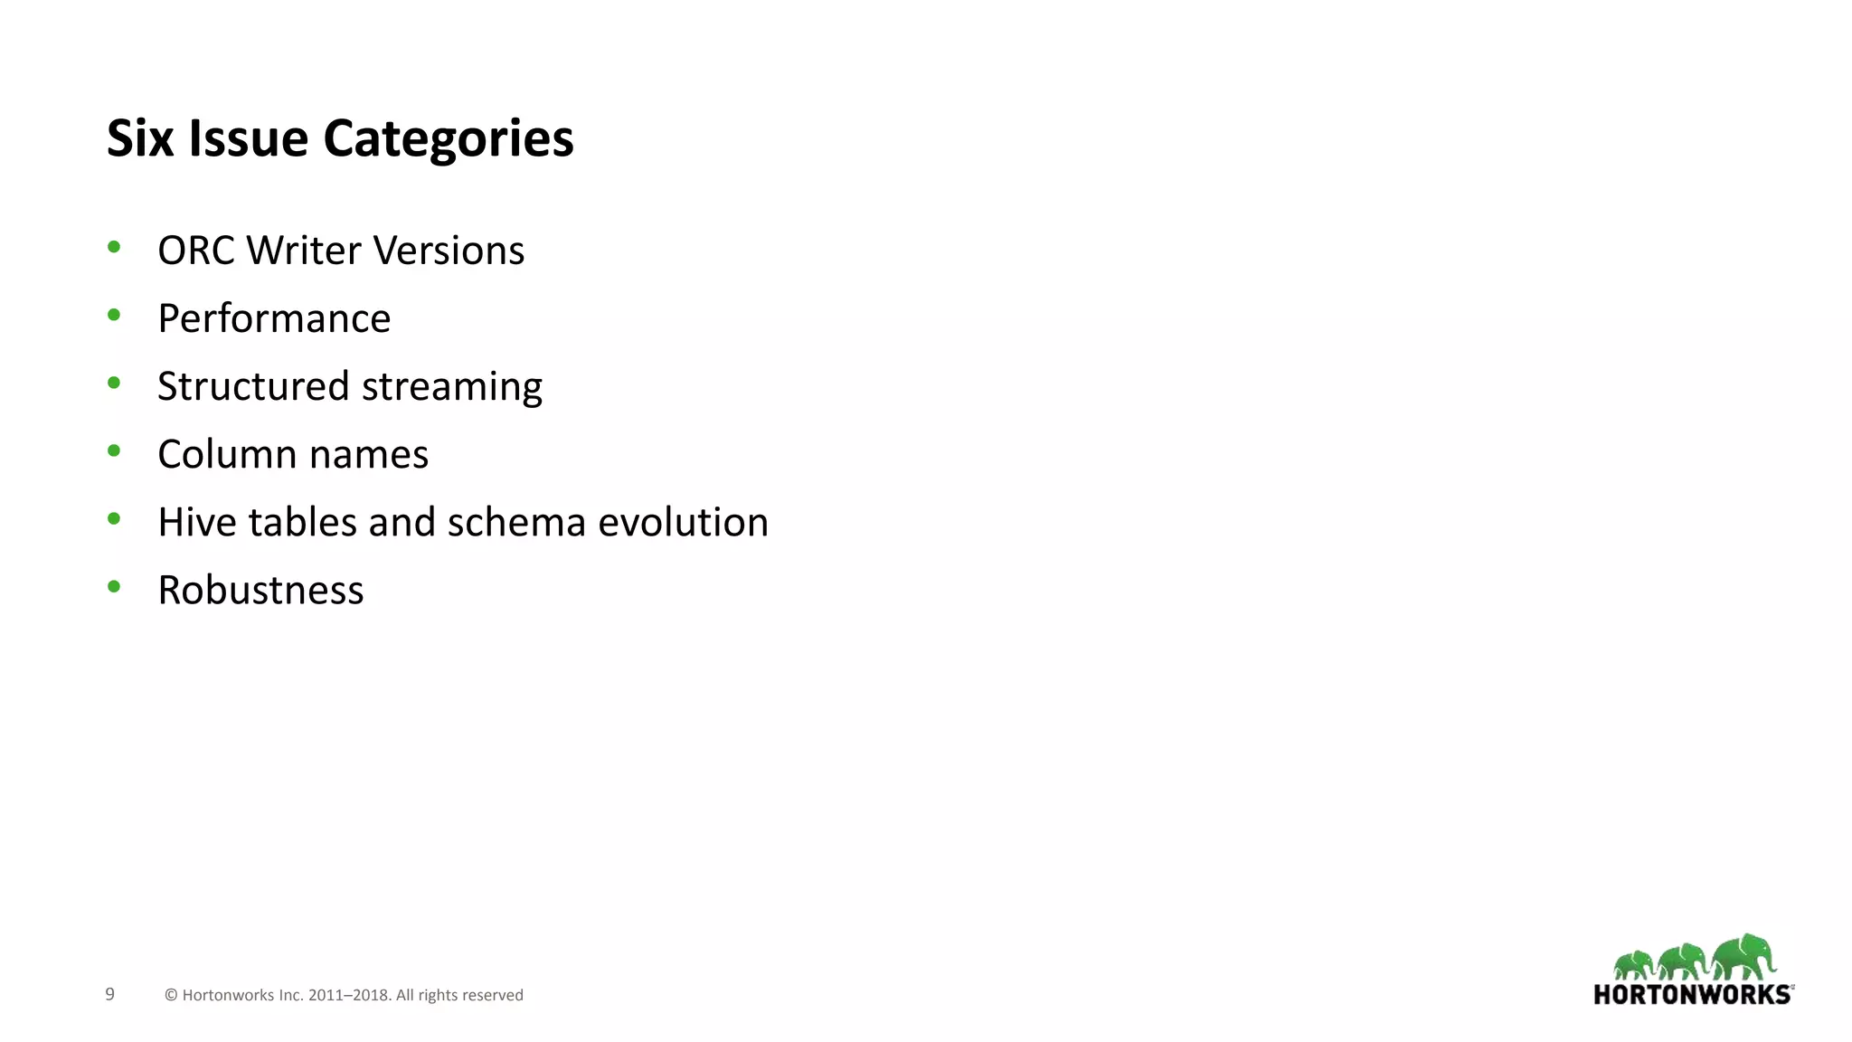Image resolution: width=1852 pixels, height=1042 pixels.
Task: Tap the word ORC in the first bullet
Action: [x=195, y=251]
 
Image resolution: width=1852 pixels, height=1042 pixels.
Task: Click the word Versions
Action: [x=449, y=251]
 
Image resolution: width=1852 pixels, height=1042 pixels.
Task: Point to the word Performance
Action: [x=274, y=318]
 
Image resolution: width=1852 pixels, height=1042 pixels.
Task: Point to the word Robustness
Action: [x=260, y=590]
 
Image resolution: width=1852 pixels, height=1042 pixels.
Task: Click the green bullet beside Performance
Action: [x=114, y=315]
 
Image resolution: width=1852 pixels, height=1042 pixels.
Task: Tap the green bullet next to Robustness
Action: [x=114, y=586]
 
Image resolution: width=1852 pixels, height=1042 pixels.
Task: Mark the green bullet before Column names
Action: [x=114, y=450]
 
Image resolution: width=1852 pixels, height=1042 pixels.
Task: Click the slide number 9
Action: [x=110, y=994]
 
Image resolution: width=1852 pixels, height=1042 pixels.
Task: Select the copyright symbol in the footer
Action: [x=171, y=995]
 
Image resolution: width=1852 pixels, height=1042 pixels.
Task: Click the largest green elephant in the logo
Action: [x=1744, y=956]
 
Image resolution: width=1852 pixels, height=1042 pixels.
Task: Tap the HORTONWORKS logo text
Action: [x=1692, y=994]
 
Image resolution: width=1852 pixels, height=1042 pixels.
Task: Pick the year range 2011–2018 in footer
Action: [x=348, y=995]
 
